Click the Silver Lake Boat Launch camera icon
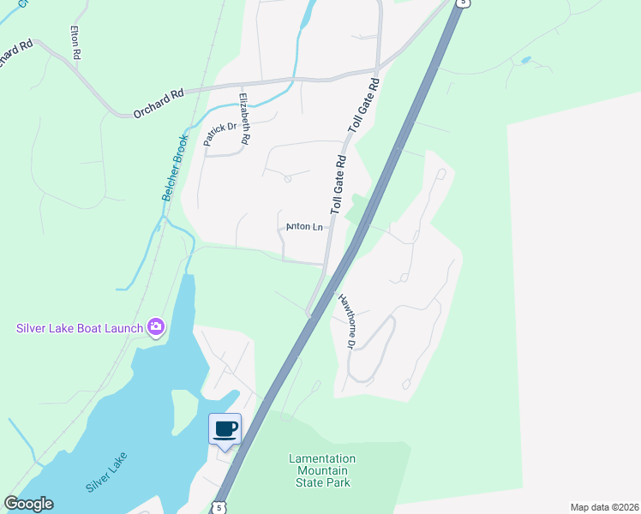coord(156,326)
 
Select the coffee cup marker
coord(225,429)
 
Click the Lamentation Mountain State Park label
coord(322,470)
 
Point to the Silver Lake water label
coord(106,471)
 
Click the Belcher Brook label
coord(175,168)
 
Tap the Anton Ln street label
coord(303,227)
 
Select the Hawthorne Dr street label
coord(345,321)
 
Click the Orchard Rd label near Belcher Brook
coord(159,104)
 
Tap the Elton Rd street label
coord(75,42)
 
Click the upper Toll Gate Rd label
coord(363,106)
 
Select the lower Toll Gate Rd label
coord(338,184)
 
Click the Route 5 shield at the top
coord(463,3)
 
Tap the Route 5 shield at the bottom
coord(219,507)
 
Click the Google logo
coord(28,504)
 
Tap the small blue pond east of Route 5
coord(524,61)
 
